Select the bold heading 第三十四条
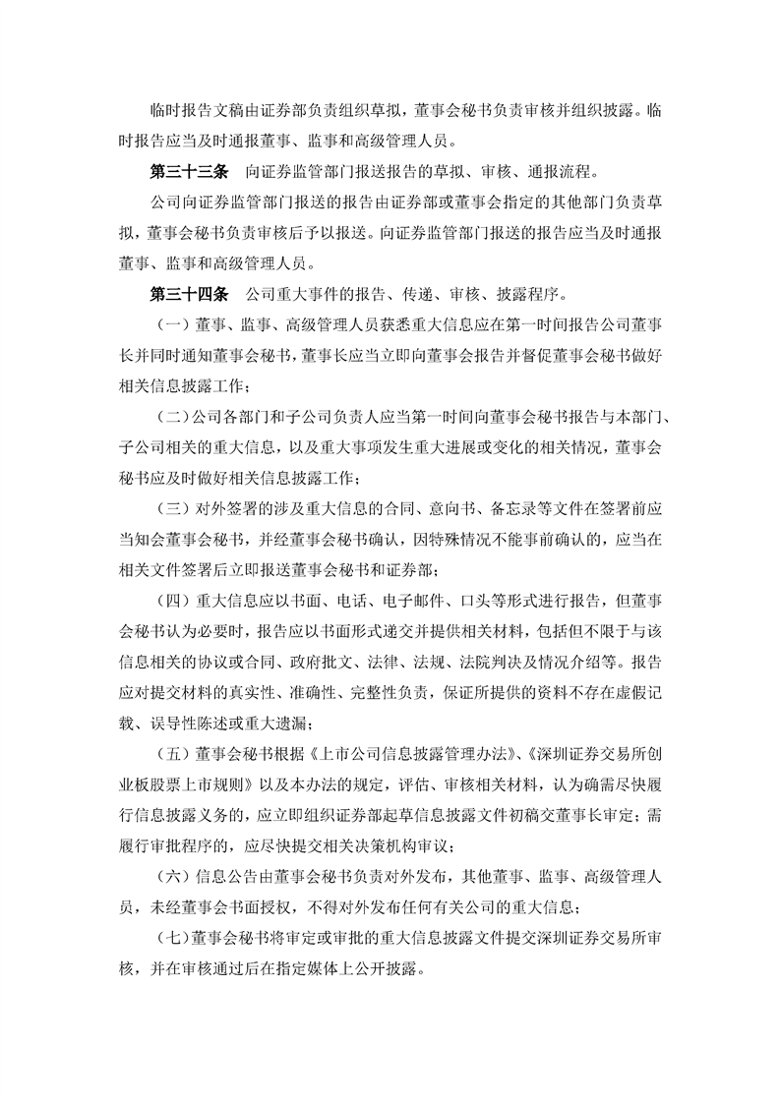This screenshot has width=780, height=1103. tap(188, 292)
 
